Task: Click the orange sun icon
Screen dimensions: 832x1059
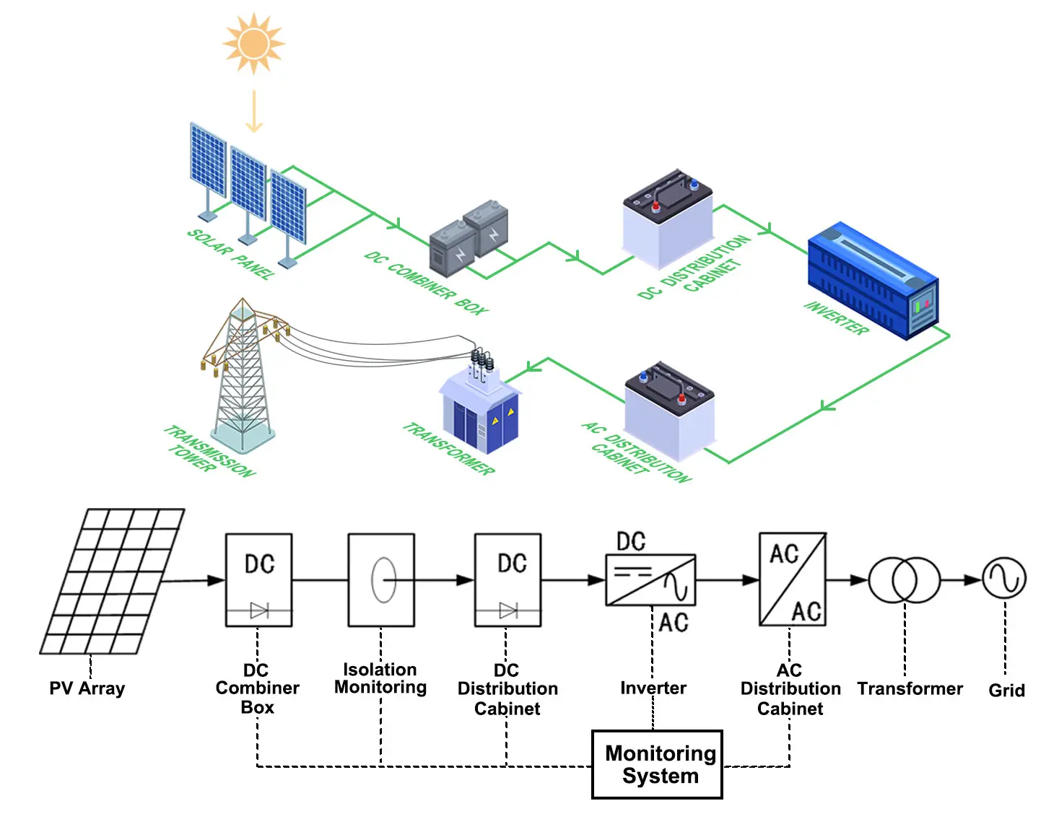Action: pos(253,44)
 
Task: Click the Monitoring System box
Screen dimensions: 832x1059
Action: pos(657,764)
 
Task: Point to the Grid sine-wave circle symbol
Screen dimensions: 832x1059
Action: pos(1004,578)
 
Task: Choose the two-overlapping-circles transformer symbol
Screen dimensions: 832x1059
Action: pos(904,579)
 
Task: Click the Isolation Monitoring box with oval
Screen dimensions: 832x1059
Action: pos(381,579)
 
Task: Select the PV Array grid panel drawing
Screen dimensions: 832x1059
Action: pos(112,582)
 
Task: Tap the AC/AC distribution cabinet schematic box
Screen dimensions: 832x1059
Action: pos(792,579)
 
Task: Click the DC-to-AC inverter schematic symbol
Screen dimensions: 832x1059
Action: pos(650,580)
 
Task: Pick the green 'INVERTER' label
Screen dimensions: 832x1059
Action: pos(836,318)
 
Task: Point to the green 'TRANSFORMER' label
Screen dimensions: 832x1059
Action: pos(448,449)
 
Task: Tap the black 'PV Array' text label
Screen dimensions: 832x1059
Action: pos(87,688)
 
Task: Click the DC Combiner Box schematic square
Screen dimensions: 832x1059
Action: pos(258,579)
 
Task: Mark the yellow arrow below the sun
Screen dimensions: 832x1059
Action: pos(253,112)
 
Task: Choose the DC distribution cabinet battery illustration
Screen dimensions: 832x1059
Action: pos(668,216)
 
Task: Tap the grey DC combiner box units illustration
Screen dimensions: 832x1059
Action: pos(469,238)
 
